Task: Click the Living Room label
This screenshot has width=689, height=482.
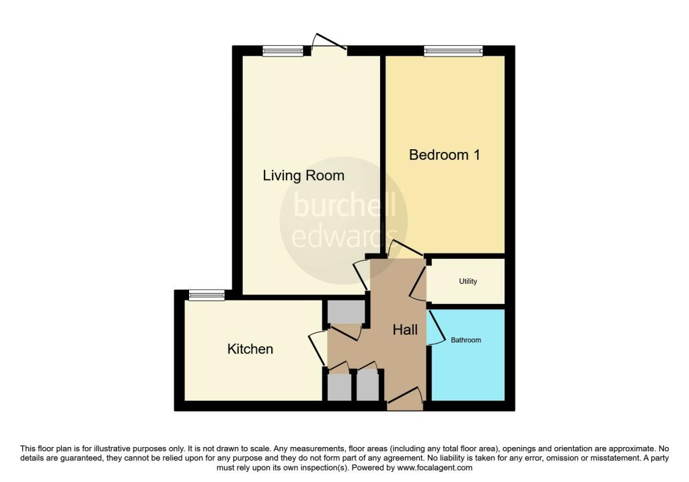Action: coord(303,175)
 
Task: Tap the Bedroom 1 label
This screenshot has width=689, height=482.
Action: coord(444,155)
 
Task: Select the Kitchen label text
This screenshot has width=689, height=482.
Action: coord(250,349)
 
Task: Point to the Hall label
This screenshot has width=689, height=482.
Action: coord(405,329)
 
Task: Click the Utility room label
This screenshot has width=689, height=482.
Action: coord(468,282)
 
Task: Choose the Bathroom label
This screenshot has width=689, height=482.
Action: coord(466,339)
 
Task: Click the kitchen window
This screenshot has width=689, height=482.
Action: coord(207,295)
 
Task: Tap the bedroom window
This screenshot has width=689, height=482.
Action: coord(453,51)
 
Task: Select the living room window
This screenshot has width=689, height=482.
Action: coord(283,51)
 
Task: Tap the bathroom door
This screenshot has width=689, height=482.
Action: coord(435,327)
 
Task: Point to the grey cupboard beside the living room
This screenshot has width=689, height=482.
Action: coord(347,312)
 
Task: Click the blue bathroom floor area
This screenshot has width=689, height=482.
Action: coord(468,355)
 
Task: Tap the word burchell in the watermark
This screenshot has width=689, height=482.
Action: coord(344,206)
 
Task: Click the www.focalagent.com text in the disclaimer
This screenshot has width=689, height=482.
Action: coord(435,468)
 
